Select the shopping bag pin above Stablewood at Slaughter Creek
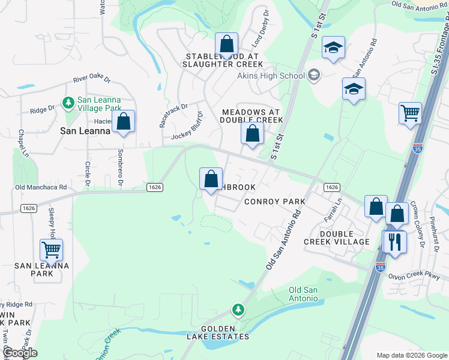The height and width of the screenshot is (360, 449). coord(226,44)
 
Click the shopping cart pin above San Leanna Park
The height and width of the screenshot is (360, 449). coord(52,249)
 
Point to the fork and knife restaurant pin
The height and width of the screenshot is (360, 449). coord(394,241)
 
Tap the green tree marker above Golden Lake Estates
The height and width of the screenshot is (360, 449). coord(239,310)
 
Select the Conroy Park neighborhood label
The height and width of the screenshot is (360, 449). coord(275,202)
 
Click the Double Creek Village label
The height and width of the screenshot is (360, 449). coord(336,238)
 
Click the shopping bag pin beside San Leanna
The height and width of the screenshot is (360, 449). coord(123,122)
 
